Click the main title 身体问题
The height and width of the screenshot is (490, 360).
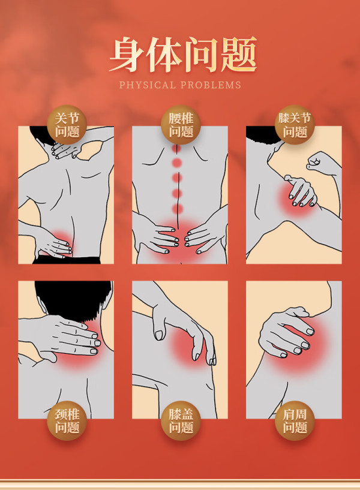point(183,55)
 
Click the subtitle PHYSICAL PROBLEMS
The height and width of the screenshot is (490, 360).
point(181,85)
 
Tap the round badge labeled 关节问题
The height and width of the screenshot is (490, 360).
point(67,125)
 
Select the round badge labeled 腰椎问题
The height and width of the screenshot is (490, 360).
point(181,125)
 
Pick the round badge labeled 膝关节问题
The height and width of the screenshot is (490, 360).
point(295,125)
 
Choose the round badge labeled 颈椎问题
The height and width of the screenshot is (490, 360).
point(67,420)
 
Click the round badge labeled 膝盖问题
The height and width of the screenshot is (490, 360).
point(181,420)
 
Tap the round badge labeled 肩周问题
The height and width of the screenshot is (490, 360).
point(295,420)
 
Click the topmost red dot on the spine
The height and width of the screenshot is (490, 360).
point(177,148)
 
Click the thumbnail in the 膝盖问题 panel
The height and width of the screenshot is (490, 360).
point(159,335)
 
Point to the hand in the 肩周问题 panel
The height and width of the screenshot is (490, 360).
point(286,333)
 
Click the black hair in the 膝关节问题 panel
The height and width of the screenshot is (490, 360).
point(263,135)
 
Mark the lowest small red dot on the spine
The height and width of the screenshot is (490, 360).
point(177,209)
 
